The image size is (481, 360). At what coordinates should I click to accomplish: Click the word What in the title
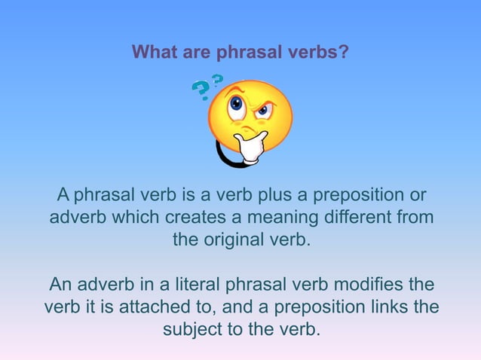152,53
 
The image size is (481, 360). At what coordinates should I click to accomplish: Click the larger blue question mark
201,92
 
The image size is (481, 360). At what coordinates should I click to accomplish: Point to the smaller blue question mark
217,79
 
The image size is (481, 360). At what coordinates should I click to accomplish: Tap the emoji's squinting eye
263,111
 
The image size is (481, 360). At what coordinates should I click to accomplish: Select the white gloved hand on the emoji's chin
250,146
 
